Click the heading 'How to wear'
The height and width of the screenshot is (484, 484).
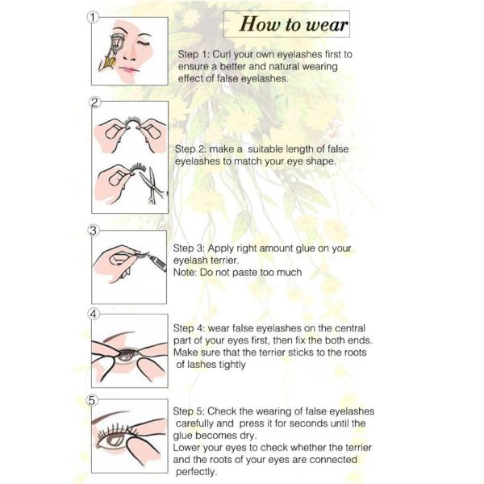[294, 24]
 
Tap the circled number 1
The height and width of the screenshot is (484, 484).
[93, 17]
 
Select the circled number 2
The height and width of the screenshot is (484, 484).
[94, 102]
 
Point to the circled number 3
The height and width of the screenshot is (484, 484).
[94, 231]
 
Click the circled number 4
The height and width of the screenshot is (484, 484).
[94, 315]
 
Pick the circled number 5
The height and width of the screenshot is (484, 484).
[92, 400]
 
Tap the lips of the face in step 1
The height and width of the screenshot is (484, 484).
[130, 70]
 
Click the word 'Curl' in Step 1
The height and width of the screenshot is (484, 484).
[221, 55]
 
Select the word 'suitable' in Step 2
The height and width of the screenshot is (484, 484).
[265, 149]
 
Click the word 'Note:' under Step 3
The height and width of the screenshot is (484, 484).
[185, 273]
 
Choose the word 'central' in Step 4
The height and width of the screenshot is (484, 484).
[350, 328]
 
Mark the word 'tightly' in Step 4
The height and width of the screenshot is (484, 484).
[232, 365]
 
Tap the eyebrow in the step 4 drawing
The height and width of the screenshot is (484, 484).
[119, 336]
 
